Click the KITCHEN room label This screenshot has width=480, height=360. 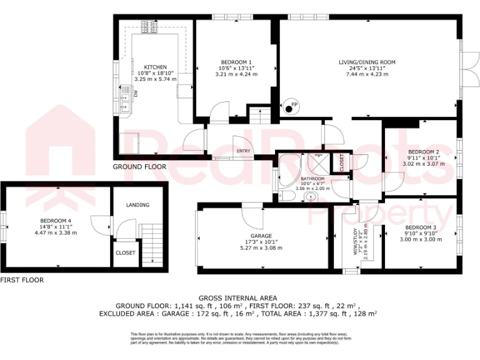tap(156, 67)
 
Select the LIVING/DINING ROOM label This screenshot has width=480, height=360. tap(367, 62)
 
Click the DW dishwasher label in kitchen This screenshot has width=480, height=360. tap(134, 94)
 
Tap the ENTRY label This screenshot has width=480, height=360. tap(244, 151)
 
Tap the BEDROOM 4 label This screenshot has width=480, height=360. tap(56, 221)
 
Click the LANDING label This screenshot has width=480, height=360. tap(137, 205)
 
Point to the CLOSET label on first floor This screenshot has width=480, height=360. tap(125, 253)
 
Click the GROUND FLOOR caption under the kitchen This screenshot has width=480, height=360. tap(139, 167)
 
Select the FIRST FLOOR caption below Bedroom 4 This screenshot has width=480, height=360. tap(22, 281)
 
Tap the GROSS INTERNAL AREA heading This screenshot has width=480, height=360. tap(237, 298)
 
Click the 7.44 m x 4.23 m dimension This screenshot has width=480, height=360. tap(367, 74)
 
